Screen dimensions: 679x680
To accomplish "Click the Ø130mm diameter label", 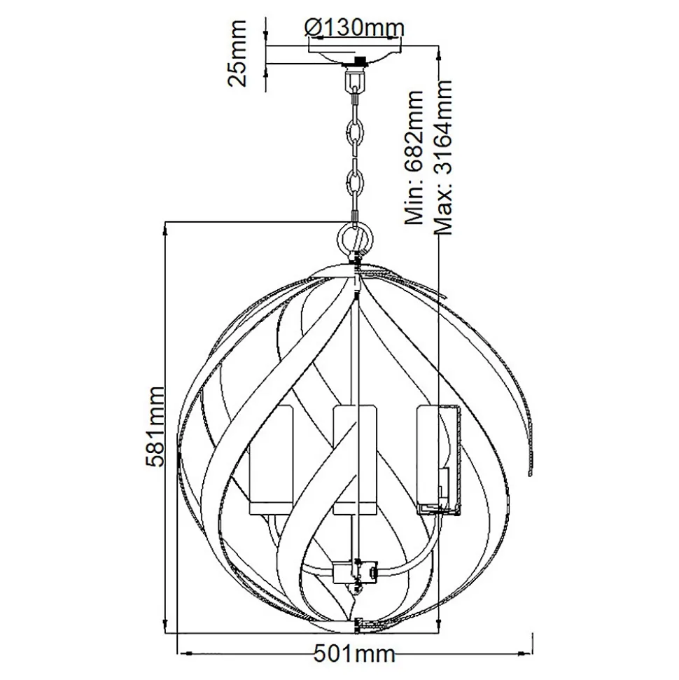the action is click(x=354, y=28).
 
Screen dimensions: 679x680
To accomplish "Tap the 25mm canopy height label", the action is click(x=237, y=53).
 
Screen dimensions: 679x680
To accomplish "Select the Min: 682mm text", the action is click(x=414, y=158).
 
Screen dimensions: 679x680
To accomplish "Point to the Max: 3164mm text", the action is click(x=442, y=158).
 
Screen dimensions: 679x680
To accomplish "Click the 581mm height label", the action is click(x=155, y=426).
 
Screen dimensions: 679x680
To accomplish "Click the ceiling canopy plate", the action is click(x=354, y=53).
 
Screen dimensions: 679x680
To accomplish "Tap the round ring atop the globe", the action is click(x=355, y=239).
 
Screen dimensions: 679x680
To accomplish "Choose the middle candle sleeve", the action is click(x=354, y=459).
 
